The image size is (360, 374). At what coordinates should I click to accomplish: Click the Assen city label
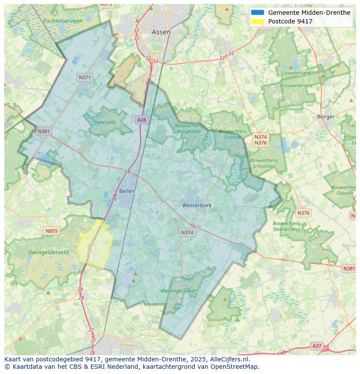pyautogui.click(x=161, y=32)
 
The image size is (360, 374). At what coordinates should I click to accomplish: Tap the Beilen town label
pyautogui.click(x=127, y=191)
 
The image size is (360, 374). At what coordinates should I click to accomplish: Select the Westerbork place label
pyautogui.click(x=197, y=205)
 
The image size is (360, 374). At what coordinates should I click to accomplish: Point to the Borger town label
pyautogui.click(x=326, y=116)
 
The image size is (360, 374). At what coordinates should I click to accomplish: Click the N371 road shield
pyautogui.click(x=85, y=77)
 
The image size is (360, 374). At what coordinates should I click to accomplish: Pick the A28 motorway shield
pyautogui.click(x=141, y=119)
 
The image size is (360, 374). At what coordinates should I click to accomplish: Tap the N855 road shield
pyautogui.click(x=51, y=231)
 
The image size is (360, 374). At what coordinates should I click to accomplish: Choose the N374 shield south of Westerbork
pyautogui.click(x=187, y=233)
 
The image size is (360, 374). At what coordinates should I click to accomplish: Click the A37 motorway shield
pyautogui.click(x=317, y=346)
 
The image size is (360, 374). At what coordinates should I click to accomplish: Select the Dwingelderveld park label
pyautogui.click(x=48, y=252)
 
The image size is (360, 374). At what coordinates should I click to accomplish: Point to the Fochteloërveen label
pyautogui.click(x=63, y=20)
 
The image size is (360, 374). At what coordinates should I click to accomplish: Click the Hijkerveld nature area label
pyautogui.click(x=105, y=122)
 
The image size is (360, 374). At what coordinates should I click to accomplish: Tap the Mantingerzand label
pyautogui.click(x=177, y=291)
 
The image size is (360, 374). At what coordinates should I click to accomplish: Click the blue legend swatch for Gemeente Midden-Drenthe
pyautogui.click(x=257, y=13)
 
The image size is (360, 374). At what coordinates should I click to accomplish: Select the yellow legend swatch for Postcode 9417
pyautogui.click(x=257, y=21)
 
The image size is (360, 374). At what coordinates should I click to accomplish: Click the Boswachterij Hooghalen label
pyautogui.click(x=188, y=129)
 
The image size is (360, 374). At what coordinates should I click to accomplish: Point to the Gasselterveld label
pyautogui.click(x=296, y=73)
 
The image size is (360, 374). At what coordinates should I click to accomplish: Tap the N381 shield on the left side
pyautogui.click(x=43, y=131)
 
